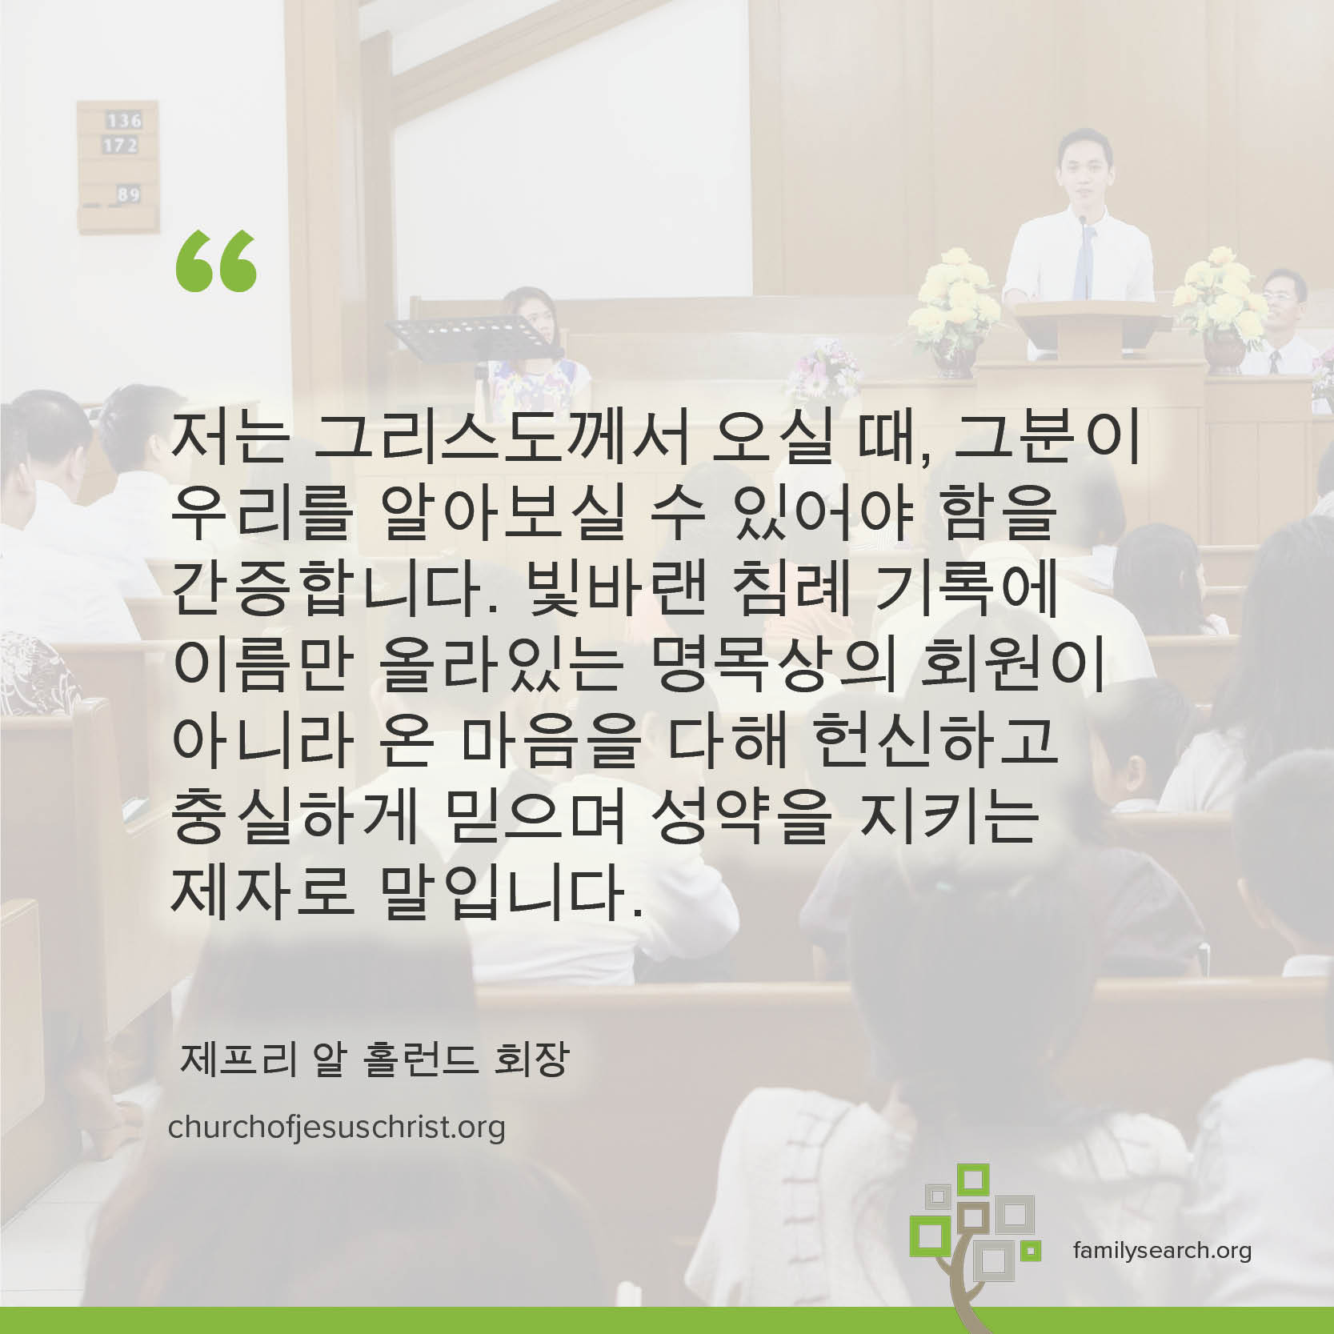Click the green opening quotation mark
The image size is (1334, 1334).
click(x=216, y=262)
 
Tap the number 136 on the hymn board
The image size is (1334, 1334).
click(x=124, y=121)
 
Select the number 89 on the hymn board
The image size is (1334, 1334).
click(x=128, y=194)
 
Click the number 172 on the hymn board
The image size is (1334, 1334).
click(x=120, y=146)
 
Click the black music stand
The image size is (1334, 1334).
click(x=464, y=336)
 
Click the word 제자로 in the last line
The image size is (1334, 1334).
click(x=262, y=891)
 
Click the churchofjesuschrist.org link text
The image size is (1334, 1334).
click(x=337, y=1128)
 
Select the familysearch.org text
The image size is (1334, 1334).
click(x=1162, y=1249)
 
